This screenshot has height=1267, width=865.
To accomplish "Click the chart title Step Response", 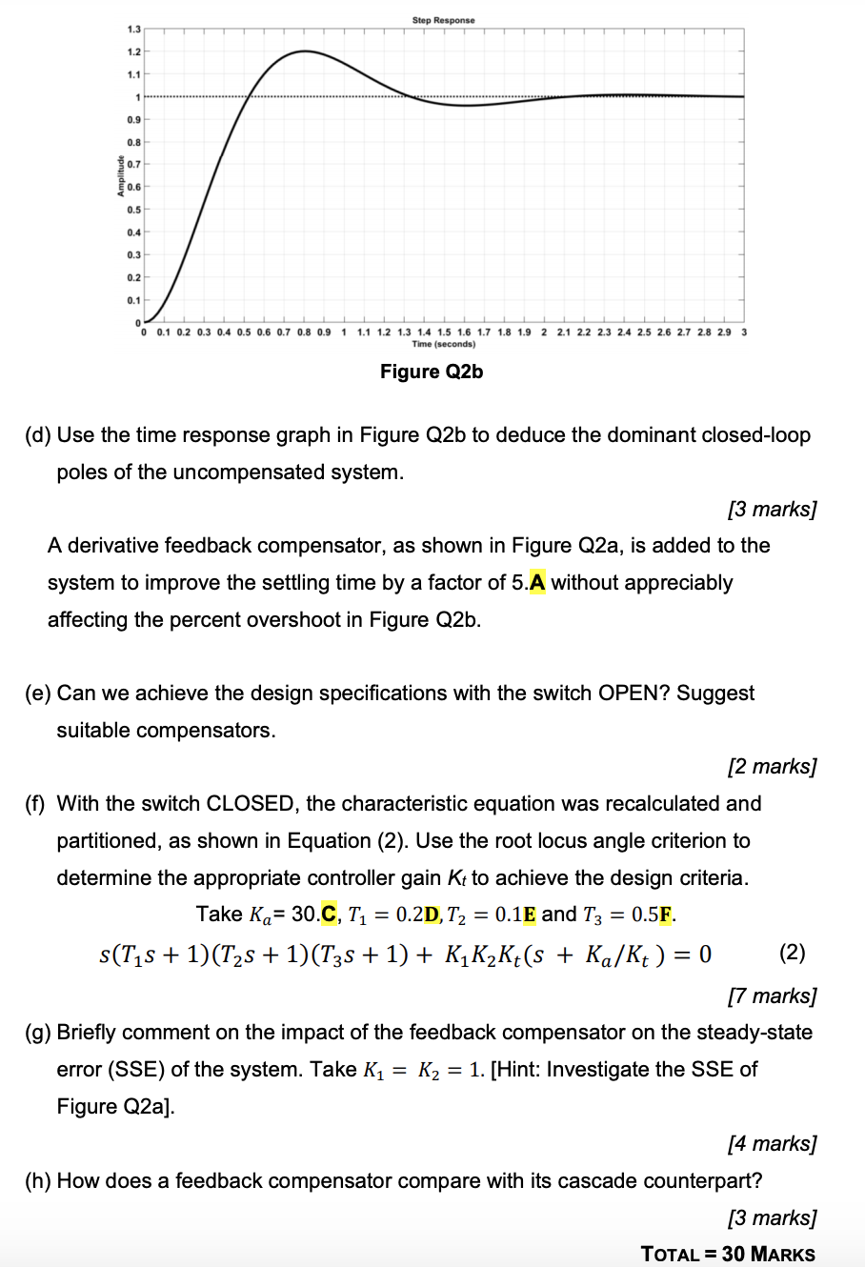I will click(x=443, y=20).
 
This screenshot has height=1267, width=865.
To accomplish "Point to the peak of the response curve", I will click(x=304, y=51).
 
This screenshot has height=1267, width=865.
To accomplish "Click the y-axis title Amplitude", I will click(x=122, y=175).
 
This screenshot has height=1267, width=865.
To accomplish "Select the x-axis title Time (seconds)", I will click(x=443, y=344).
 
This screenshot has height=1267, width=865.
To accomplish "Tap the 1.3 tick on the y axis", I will click(x=133, y=30).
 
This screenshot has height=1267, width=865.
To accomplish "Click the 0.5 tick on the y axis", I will click(x=133, y=210).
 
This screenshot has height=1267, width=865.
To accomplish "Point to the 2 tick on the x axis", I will click(x=544, y=332).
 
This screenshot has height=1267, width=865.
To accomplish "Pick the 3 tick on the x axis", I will click(x=744, y=332).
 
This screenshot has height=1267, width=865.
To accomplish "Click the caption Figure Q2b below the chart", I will click(x=432, y=372).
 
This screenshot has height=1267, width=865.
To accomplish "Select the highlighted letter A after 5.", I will click(x=538, y=583).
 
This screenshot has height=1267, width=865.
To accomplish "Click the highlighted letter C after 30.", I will click(x=330, y=915).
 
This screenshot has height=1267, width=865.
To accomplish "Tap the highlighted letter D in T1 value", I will click(x=432, y=915).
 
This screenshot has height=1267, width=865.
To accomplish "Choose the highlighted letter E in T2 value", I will click(x=530, y=915).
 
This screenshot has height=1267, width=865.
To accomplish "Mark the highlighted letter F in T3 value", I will click(x=666, y=915).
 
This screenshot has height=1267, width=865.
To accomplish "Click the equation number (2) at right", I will click(x=793, y=953).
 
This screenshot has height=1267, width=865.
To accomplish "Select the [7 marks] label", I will click(x=772, y=995).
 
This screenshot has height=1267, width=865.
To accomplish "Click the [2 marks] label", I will click(x=772, y=767).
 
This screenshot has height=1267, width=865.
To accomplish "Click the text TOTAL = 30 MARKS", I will click(x=728, y=1254).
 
